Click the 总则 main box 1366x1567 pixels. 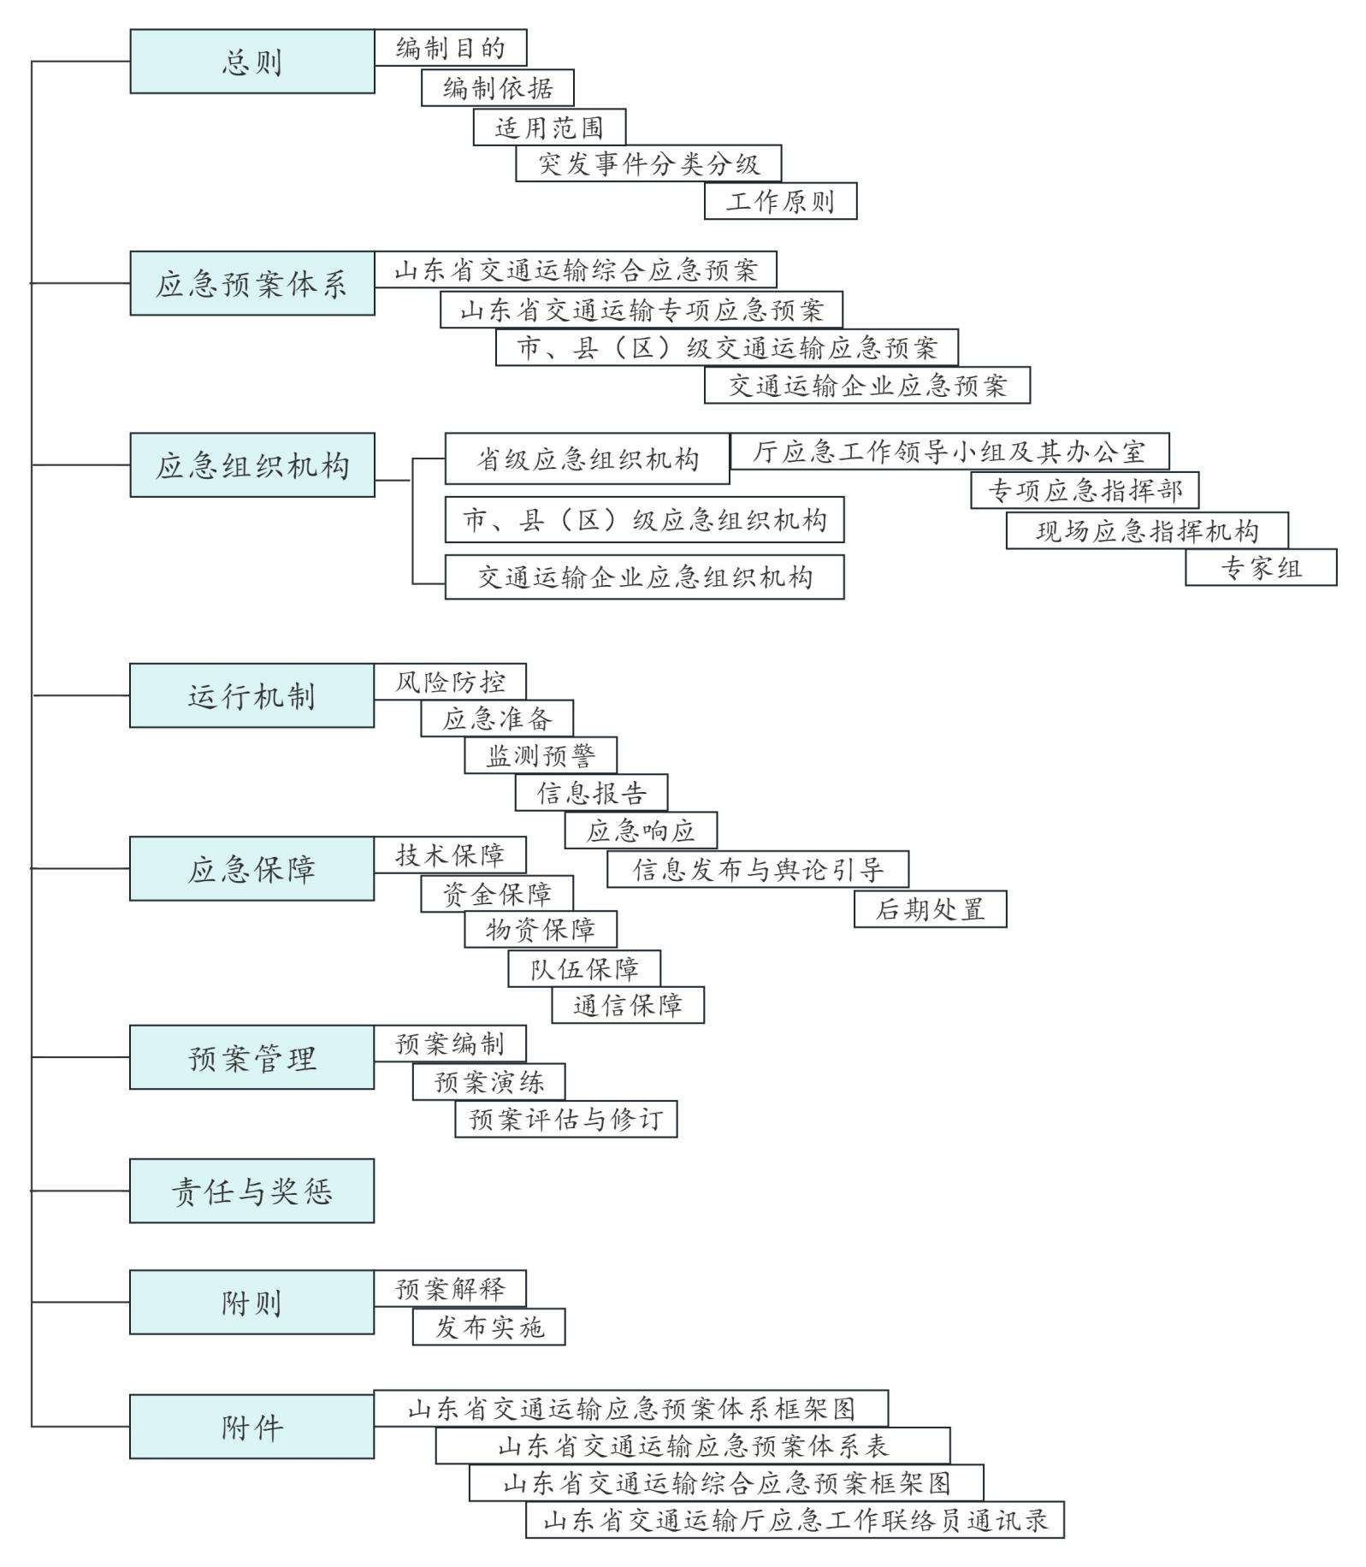251,62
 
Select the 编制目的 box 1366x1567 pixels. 450,48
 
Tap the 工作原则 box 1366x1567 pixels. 780,201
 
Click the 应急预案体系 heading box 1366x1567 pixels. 251,283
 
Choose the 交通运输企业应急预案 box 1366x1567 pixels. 866,385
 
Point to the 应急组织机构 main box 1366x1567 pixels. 251,465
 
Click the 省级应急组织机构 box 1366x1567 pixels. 587,459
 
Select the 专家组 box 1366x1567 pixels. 1260,568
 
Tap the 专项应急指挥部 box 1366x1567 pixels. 1084,490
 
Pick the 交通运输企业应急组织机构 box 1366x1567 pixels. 644,577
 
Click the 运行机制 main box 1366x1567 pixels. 251,695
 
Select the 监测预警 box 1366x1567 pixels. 540,755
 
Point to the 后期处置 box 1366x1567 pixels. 930,908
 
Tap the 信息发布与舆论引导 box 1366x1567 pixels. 757,869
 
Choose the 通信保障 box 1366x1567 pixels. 627,1005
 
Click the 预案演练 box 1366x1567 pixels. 488,1082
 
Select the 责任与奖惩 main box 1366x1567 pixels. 251,1191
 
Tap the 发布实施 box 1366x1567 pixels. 488,1327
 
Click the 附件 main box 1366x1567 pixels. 251,1427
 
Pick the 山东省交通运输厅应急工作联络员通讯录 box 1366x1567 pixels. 795,1520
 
